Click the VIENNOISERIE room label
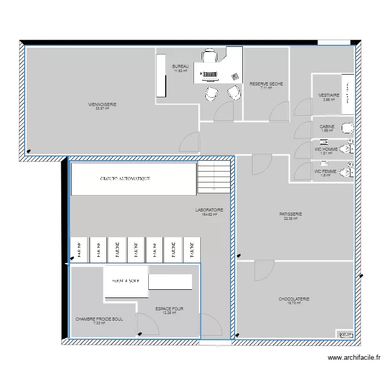102,104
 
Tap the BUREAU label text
180,67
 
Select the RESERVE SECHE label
266,84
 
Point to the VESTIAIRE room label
328,95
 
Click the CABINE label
327,127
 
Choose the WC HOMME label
325,149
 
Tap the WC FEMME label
325,171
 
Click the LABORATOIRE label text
209,210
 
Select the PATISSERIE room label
290,214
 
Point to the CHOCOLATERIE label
294,299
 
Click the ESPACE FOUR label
169,309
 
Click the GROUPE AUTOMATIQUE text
125,179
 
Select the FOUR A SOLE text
126,281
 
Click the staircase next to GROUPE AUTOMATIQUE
214,177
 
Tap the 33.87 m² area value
102,109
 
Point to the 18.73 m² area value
294,303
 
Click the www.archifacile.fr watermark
354,358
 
